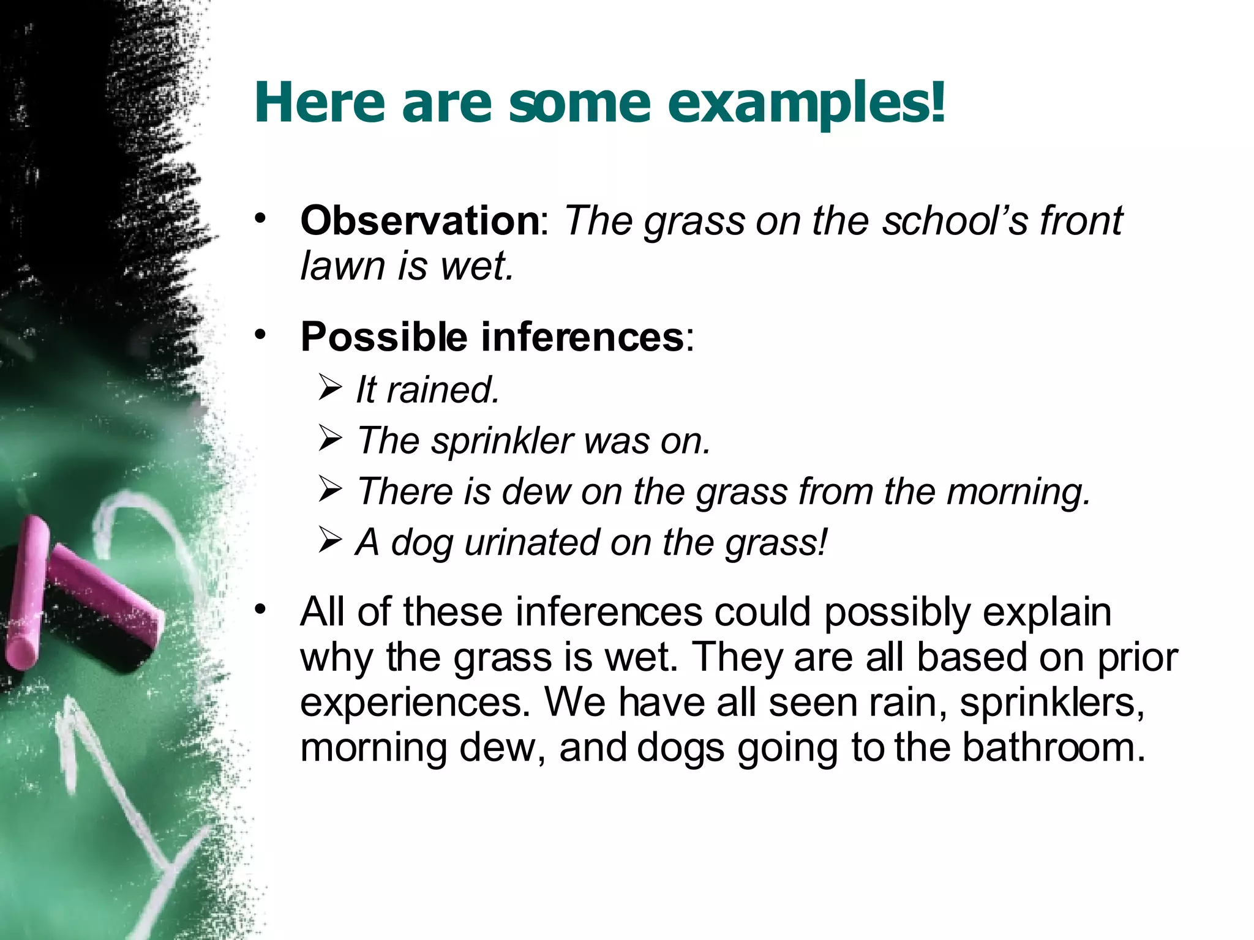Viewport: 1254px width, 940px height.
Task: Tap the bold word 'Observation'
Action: (x=419, y=220)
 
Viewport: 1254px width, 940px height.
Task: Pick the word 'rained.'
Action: (x=443, y=390)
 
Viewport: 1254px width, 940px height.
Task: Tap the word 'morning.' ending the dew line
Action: (x=1019, y=491)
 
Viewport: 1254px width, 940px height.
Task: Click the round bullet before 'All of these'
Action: (x=261, y=609)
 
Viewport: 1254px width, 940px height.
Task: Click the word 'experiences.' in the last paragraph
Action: (x=415, y=703)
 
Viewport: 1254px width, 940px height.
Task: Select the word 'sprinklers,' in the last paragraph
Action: (x=1052, y=703)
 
